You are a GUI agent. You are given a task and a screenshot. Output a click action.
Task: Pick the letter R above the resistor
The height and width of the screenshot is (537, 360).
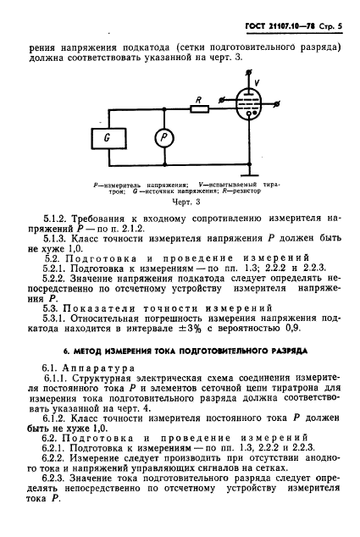click(x=197, y=99)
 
